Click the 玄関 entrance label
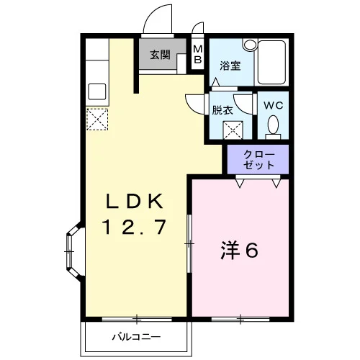pyautogui.click(x=160, y=55)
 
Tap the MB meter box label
pyautogui.click(x=198, y=54)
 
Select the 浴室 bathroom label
pyautogui.click(x=230, y=66)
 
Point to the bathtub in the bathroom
pyautogui.click(x=271, y=62)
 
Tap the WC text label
pyautogui.click(x=274, y=105)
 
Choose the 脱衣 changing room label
pyautogui.click(x=222, y=110)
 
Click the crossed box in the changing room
pyautogui.click(x=233, y=130)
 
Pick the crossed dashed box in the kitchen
pyautogui.click(x=97, y=120)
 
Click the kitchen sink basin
pyautogui.click(x=97, y=91)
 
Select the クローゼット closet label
pyautogui.click(x=258, y=160)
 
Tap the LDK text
pyautogui.click(x=135, y=201)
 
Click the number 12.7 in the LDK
pyautogui.click(x=135, y=227)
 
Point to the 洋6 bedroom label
pyautogui.click(x=240, y=251)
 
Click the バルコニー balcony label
pyautogui.click(x=137, y=337)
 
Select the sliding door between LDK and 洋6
pyautogui.click(x=189, y=243)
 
